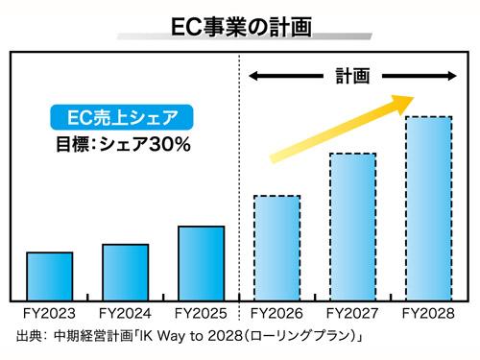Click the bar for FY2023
coord(50,274)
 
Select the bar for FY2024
coord(125,270)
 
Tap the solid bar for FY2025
coord(202,261)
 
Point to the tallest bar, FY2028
coord(428,205)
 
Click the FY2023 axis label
coord(49,313)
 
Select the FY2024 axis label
coord(125,313)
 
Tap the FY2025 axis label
coord(202,313)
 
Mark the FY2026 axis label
coord(276,313)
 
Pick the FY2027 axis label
coord(352,313)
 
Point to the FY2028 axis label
coord(428,313)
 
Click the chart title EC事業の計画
coord(239,20)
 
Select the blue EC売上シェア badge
coord(118,120)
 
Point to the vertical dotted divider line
coord(238,173)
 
